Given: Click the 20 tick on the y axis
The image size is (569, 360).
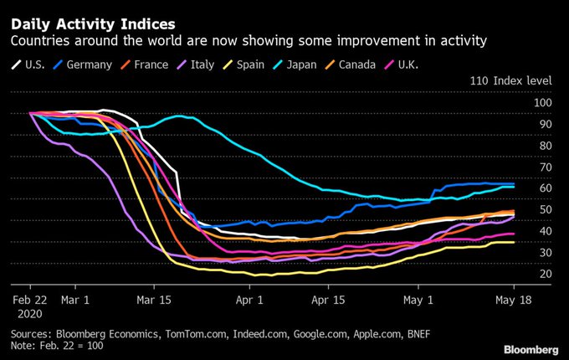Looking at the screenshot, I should tap(545, 274).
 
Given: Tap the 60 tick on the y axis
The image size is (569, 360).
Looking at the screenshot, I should tap(545, 188).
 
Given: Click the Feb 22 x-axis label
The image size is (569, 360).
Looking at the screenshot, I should tap(29, 297).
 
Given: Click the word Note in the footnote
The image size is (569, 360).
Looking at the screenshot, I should tap(23, 347).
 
